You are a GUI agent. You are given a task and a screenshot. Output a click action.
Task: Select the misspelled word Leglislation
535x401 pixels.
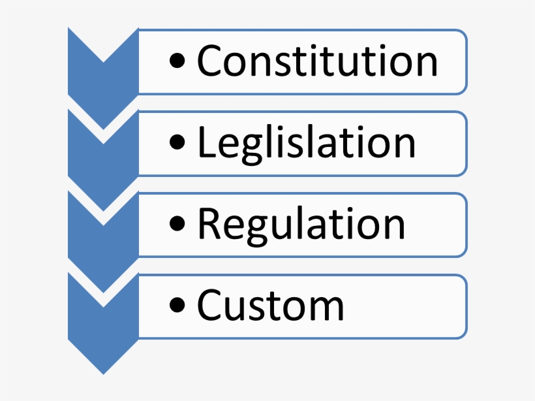(x=306, y=143)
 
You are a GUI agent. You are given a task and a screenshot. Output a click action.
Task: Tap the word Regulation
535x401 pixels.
(x=301, y=225)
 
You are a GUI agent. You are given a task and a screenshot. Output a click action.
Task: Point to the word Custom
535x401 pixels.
(x=270, y=306)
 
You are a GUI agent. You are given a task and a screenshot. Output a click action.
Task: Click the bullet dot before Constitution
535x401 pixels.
(x=177, y=63)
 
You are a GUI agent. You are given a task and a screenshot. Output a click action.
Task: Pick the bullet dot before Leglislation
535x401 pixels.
(x=177, y=145)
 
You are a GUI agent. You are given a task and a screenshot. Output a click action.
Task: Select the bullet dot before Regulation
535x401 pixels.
(x=177, y=226)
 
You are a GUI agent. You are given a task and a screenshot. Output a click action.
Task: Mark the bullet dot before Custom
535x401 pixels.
(x=177, y=307)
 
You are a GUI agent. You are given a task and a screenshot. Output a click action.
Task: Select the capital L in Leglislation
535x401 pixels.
(x=206, y=142)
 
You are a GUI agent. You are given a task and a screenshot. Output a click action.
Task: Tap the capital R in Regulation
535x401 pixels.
(x=210, y=224)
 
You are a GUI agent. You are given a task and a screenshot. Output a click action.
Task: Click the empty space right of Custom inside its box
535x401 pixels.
(x=405, y=306)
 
